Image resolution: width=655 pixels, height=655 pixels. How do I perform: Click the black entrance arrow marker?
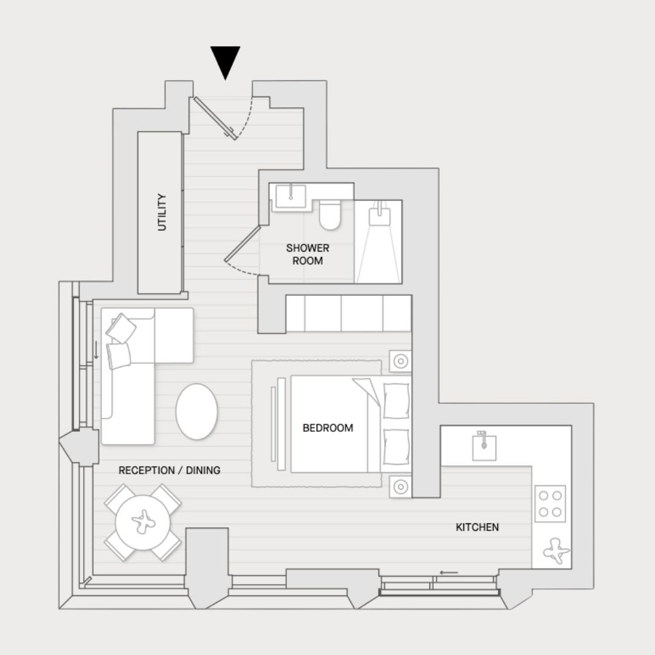pyautogui.click(x=225, y=61)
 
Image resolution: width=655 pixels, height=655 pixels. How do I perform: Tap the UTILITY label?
pyautogui.click(x=162, y=212)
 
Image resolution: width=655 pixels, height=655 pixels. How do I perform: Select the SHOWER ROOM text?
pyautogui.click(x=307, y=254)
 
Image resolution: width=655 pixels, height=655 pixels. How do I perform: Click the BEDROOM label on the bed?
pyautogui.click(x=328, y=428)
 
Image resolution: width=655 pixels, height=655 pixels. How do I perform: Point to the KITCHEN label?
pyautogui.click(x=477, y=527)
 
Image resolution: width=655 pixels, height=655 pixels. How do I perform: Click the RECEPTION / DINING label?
pyautogui.click(x=169, y=471)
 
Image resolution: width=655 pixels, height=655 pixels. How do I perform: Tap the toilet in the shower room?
pyautogui.click(x=330, y=215)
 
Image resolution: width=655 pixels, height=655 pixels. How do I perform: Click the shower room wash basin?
pyautogui.click(x=291, y=196)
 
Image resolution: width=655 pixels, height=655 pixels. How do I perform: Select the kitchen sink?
pyautogui.click(x=484, y=447)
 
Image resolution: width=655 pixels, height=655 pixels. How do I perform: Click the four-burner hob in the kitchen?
pyautogui.click(x=550, y=503)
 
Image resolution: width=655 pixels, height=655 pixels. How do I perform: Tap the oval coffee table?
pyautogui.click(x=196, y=411)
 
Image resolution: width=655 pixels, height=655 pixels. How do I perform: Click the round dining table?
pyautogui.click(x=143, y=522)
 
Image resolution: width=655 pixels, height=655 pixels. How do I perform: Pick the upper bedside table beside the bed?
pyautogui.click(x=400, y=361)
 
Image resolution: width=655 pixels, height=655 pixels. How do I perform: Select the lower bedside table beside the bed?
pyautogui.click(x=400, y=486)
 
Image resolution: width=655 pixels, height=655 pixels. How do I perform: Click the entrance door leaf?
pyautogui.click(x=214, y=118)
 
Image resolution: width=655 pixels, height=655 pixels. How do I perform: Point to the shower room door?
pyautogui.click(x=242, y=244)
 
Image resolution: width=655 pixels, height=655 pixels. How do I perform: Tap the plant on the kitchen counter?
pyautogui.click(x=556, y=551)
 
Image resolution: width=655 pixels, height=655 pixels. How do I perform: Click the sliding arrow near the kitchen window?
pyautogui.click(x=449, y=573)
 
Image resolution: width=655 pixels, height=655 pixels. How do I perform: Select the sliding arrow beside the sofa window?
pyautogui.click(x=96, y=350)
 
